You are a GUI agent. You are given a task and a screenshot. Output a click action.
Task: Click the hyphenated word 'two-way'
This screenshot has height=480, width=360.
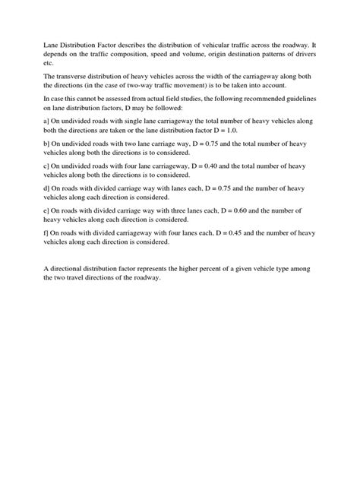click(172, 89)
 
